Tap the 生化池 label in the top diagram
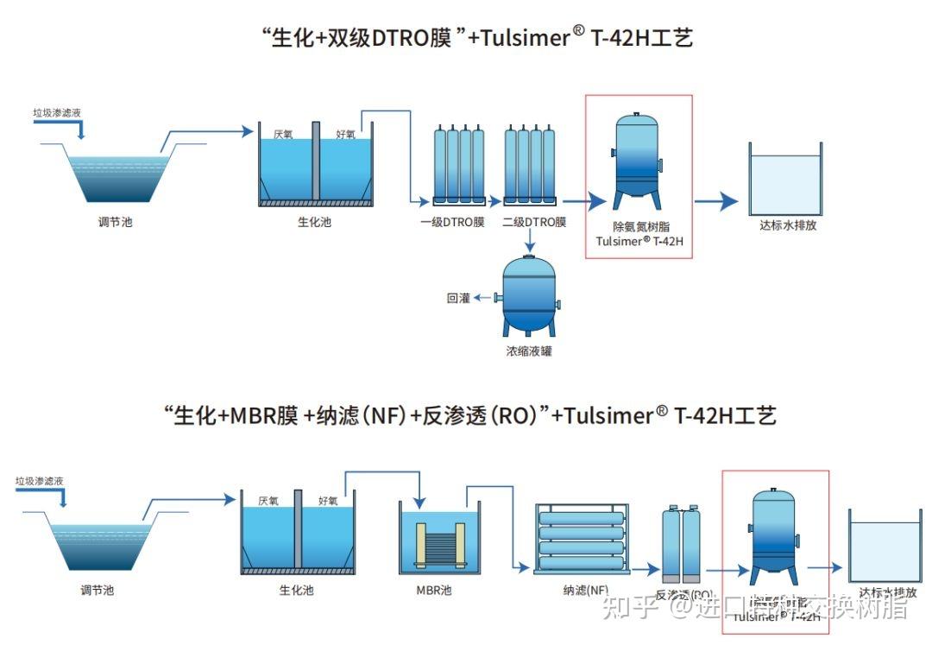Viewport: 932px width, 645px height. (314, 222)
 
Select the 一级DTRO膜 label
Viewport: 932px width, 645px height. (452, 222)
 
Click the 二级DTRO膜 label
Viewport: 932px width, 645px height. (534, 222)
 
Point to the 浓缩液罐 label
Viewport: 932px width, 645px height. (528, 351)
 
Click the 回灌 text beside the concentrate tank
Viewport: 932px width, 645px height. (458, 298)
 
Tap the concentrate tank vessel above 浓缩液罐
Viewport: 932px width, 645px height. (529, 293)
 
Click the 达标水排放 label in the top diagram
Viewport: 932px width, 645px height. (788, 225)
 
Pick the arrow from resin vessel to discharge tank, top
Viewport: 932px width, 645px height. (716, 202)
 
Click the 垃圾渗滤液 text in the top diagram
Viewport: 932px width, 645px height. (57, 112)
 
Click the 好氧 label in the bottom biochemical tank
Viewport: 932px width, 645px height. (328, 500)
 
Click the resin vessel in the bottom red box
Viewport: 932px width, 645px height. (773, 535)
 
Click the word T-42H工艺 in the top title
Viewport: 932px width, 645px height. (642, 37)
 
